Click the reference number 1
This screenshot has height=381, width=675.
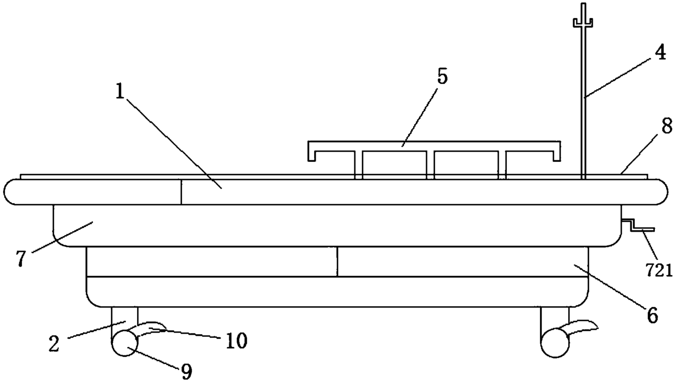(x=121, y=92)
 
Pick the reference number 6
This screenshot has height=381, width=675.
(x=651, y=314)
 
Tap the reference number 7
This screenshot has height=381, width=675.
(x=21, y=259)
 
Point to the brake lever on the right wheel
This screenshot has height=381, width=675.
(x=584, y=327)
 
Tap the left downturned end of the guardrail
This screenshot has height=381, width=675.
(x=312, y=151)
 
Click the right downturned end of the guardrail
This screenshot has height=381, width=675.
(x=556, y=151)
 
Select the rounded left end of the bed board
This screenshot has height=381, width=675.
(x=12, y=191)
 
